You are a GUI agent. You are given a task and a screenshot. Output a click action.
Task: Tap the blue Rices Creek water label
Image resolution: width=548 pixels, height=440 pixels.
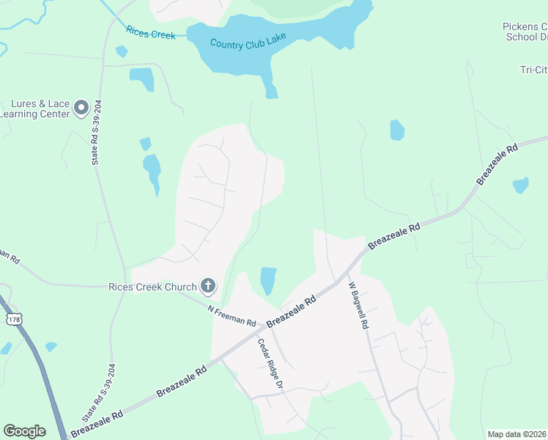(150, 32)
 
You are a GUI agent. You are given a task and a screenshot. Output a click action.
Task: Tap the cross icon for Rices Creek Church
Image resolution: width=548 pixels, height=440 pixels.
(208, 286)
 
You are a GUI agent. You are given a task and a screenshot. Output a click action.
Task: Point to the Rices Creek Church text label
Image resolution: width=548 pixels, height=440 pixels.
(152, 287)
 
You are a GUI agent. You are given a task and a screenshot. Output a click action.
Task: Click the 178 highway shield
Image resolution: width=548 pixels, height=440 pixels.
(13, 320)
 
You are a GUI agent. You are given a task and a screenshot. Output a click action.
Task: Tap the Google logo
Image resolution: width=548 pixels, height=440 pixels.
(24, 431)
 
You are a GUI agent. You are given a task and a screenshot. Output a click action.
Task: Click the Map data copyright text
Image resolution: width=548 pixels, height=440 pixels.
(517, 434)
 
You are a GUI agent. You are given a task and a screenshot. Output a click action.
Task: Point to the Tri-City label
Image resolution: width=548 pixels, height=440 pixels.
(533, 70)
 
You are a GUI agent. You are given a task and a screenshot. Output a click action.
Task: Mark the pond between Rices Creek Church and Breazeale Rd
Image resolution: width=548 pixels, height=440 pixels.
(268, 279)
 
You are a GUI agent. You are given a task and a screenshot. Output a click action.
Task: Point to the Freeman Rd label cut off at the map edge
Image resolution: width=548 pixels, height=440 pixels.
(8, 256)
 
